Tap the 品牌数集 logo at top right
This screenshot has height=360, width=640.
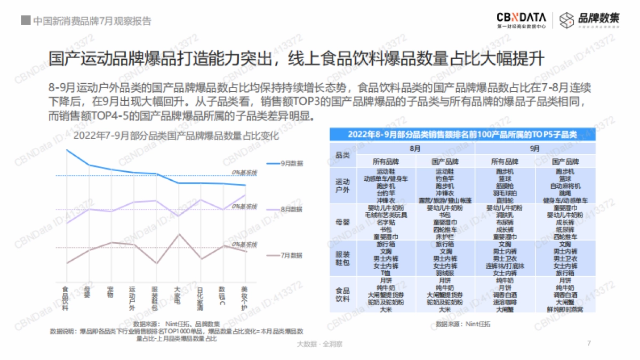pos(590,19)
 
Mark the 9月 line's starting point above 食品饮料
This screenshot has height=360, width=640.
pos(67,150)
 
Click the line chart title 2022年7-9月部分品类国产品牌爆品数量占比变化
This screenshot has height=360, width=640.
pos(175,136)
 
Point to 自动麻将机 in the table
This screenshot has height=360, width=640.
pos(564,186)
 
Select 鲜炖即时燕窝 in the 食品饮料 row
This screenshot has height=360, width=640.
pos(564,309)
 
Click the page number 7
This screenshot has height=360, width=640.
pos(589,343)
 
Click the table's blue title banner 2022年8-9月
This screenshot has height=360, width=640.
pos(462,135)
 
